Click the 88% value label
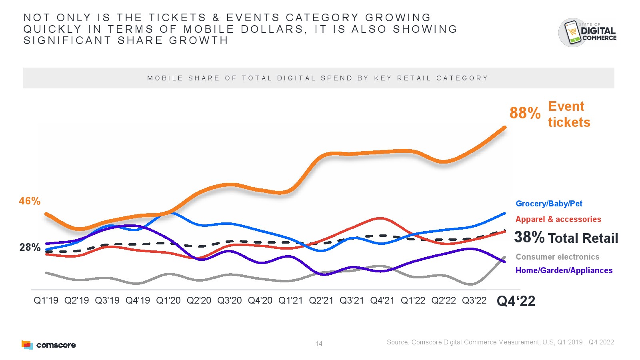[525, 113]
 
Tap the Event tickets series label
[569, 114]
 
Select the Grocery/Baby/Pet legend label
[549, 204]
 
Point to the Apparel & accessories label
[558, 219]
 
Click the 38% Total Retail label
[566, 238]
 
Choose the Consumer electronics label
[557, 257]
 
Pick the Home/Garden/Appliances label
[564, 270]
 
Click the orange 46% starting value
[30, 201]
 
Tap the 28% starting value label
[30, 248]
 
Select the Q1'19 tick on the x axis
[46, 300]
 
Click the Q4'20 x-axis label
[260, 300]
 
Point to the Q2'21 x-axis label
[321, 300]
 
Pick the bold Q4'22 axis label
[516, 301]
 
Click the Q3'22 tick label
[474, 300]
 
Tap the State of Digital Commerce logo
[587, 32]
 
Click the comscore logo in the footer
[48, 345]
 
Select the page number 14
[319, 344]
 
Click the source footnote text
[500, 342]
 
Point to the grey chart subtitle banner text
[318, 78]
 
